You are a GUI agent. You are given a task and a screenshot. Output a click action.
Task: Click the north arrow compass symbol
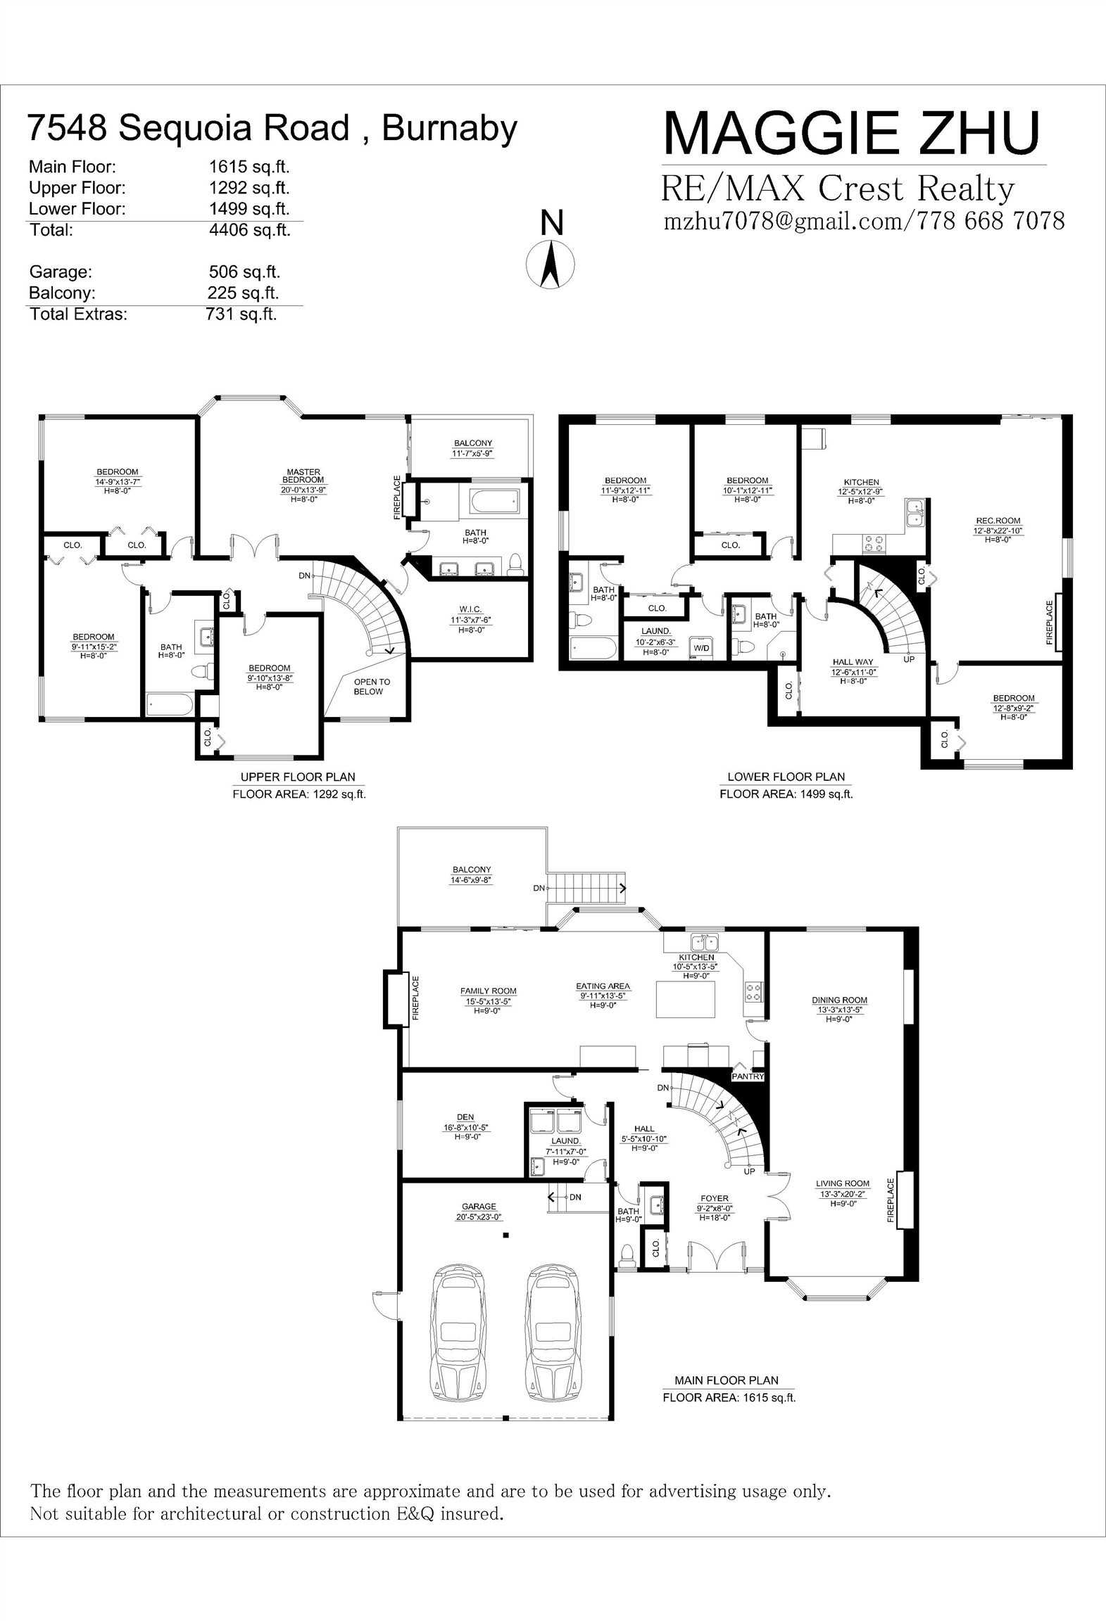click(x=551, y=263)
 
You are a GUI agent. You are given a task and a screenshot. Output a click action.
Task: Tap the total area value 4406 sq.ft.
click(x=249, y=230)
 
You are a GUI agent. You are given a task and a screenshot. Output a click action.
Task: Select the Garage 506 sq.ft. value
click(x=244, y=272)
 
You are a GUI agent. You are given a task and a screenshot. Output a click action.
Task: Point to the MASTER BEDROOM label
click(x=303, y=476)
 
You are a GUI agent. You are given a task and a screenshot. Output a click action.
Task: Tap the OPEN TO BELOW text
click(x=372, y=687)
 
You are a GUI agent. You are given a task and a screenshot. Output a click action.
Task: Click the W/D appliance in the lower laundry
click(x=702, y=648)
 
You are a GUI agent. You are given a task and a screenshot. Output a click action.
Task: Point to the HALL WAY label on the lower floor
click(x=853, y=662)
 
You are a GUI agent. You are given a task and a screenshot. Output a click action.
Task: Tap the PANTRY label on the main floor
click(x=748, y=1076)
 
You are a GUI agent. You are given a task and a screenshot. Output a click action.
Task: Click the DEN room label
click(x=465, y=1117)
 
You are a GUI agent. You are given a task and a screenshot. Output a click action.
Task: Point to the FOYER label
click(x=715, y=1198)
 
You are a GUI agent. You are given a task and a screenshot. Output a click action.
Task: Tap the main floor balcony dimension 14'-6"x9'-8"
click(x=471, y=879)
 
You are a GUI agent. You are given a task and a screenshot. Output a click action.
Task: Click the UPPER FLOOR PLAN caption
click(x=298, y=777)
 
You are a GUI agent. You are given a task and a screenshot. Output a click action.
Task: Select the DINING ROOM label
click(x=839, y=1000)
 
